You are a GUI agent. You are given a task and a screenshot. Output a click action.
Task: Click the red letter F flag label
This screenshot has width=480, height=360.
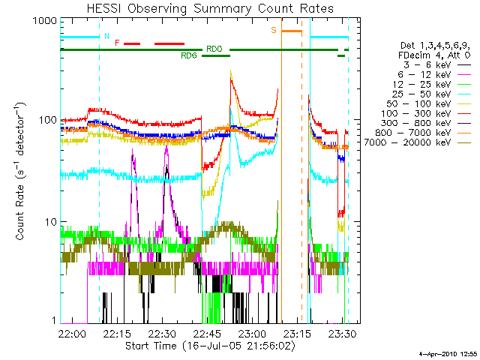[117, 43]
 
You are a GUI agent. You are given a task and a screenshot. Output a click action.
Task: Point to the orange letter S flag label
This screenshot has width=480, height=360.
[274, 30]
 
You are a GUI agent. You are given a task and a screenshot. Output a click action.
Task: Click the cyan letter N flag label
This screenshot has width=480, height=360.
[106, 35]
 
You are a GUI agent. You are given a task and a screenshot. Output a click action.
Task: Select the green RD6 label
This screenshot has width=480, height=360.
[189, 55]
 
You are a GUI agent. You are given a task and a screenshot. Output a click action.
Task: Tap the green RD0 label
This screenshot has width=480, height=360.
[214, 49]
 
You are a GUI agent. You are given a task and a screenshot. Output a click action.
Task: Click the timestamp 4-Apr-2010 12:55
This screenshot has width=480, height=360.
[447, 353]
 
